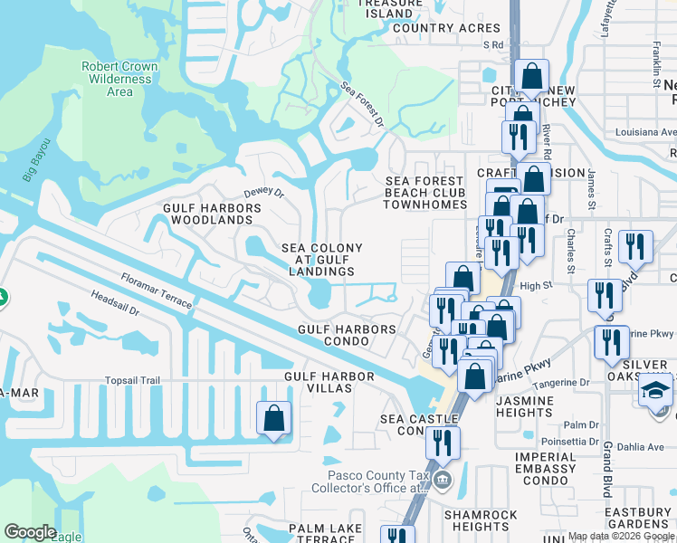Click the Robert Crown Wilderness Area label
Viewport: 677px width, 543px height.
tap(119, 79)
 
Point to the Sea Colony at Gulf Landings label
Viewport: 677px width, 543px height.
tap(321, 260)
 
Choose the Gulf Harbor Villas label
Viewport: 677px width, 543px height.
tap(329, 382)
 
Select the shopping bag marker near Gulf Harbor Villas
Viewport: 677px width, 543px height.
tap(273, 419)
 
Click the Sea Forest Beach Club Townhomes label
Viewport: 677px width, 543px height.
tap(424, 193)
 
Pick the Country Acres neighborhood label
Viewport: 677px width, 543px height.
tap(434, 28)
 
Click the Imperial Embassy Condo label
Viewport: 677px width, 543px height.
tap(546, 468)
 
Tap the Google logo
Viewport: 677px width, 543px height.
tap(30, 532)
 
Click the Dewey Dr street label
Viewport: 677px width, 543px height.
tap(264, 193)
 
